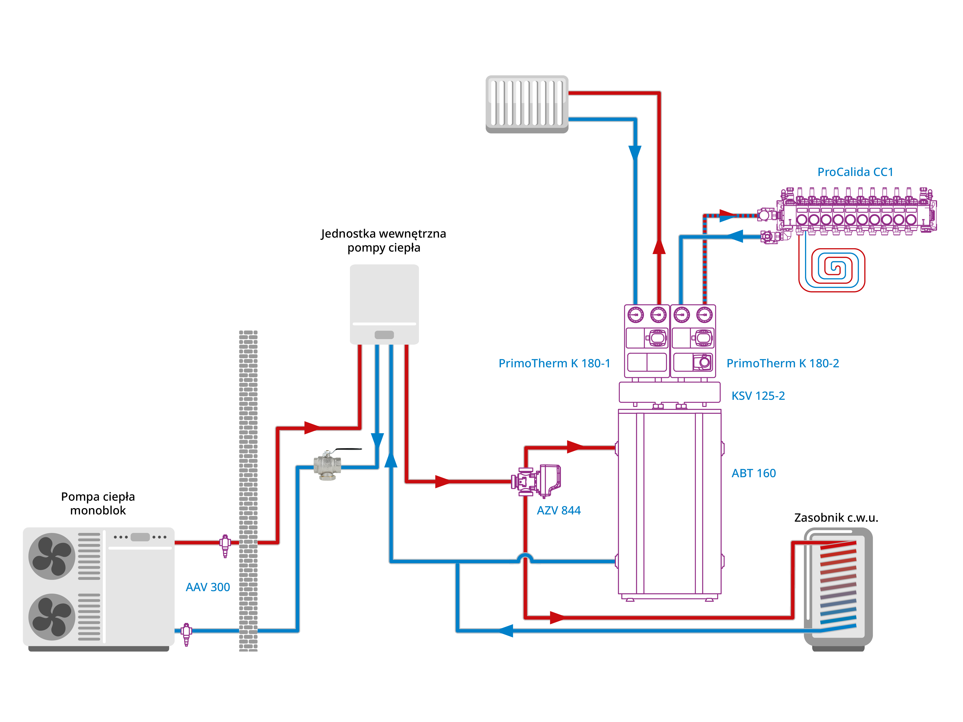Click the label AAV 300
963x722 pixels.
(x=208, y=587)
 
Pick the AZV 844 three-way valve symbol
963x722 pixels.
(x=536, y=481)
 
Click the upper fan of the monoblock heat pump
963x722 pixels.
(x=52, y=556)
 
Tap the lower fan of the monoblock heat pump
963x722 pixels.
(x=52, y=617)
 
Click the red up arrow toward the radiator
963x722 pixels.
(x=659, y=247)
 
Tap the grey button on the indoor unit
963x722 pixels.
(x=384, y=335)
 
